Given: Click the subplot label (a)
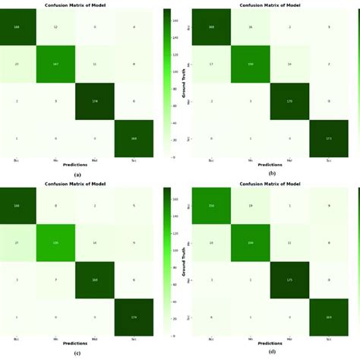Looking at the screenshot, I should (x=77, y=174).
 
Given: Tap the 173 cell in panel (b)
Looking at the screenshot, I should (x=328, y=137).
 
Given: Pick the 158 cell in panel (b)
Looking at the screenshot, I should (x=251, y=65).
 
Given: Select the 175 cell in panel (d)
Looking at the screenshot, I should (x=289, y=279).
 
